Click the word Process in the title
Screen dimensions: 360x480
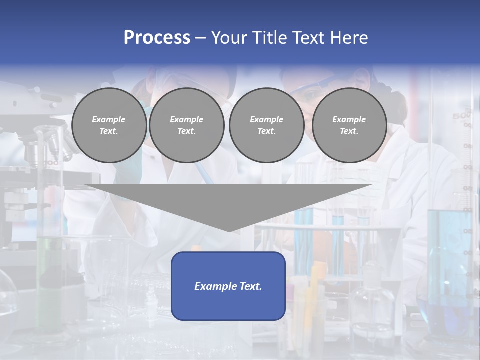(x=157, y=37)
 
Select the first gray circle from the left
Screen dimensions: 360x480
(x=109, y=125)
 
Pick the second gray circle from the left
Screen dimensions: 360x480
(x=186, y=125)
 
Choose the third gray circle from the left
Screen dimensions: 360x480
(x=266, y=125)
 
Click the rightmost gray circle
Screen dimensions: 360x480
(x=349, y=125)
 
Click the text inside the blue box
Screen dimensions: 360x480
(x=228, y=286)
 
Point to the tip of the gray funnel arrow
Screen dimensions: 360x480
(x=229, y=231)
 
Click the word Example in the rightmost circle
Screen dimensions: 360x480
(x=349, y=119)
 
